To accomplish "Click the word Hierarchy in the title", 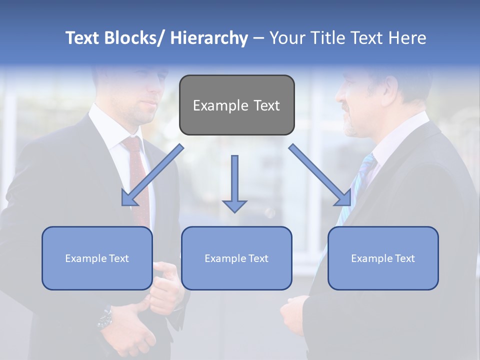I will (x=209, y=38).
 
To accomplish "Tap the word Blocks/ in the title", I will (x=132, y=38).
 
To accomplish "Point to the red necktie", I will (x=138, y=180).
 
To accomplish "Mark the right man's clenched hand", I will (x=292, y=315).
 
